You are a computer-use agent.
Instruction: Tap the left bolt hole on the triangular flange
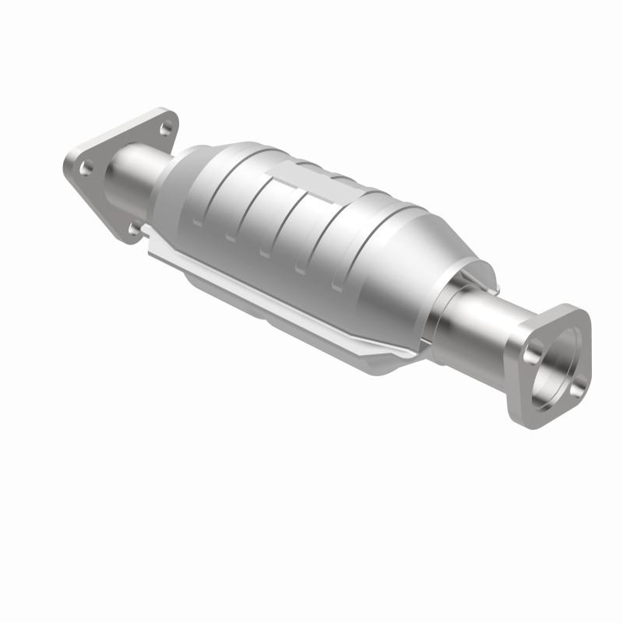click(86, 165)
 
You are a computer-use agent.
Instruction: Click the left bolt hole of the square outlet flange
click(533, 355)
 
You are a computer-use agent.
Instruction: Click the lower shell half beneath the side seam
click(311, 327)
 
